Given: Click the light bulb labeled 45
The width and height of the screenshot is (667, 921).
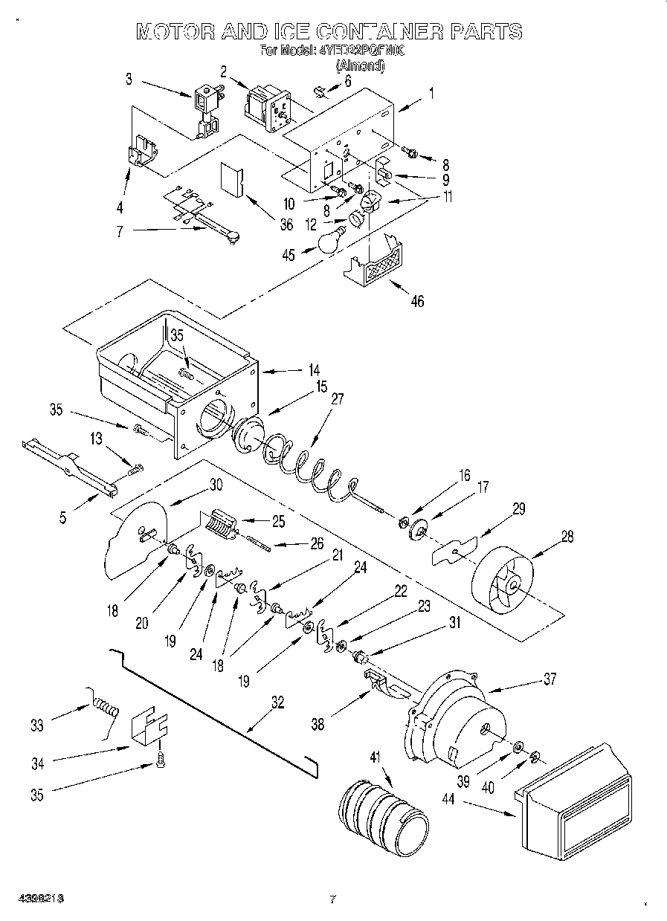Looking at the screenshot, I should click(328, 241).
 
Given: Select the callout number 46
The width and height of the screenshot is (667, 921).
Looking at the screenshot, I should click(418, 301).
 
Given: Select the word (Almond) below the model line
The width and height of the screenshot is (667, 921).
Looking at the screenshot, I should click(361, 65).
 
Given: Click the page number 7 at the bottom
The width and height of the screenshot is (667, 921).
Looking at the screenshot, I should click(332, 899).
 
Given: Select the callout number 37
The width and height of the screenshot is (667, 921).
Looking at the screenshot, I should click(549, 679).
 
